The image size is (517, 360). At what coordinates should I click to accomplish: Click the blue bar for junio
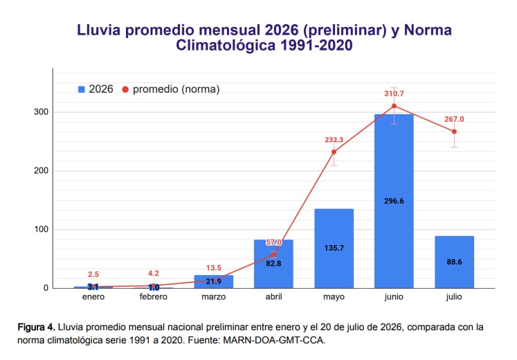394,201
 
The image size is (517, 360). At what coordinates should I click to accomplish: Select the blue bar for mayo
334,249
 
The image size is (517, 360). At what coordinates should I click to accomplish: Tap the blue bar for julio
454,262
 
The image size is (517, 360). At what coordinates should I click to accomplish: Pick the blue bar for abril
273,264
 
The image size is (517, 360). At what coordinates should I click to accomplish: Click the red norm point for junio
394,106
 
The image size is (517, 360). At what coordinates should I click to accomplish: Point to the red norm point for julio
454,132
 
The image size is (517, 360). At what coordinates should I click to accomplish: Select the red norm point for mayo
334,152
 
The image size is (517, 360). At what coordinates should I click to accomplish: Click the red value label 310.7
394,93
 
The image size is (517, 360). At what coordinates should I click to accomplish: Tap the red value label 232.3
334,140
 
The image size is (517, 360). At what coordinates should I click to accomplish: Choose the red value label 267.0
454,119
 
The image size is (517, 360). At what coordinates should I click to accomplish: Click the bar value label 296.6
394,201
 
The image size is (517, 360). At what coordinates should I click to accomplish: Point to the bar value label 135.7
334,248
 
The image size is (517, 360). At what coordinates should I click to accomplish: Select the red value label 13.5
214,268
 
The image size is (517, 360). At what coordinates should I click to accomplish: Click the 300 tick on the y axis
42,112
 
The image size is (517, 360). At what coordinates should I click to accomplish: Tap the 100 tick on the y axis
42,229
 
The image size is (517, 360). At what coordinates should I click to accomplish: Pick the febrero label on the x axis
154,297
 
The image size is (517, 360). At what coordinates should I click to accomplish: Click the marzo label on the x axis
214,297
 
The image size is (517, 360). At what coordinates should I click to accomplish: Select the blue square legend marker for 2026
82,89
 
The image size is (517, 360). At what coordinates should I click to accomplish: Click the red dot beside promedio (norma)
125,89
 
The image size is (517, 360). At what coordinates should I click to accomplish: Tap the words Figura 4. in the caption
36,327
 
